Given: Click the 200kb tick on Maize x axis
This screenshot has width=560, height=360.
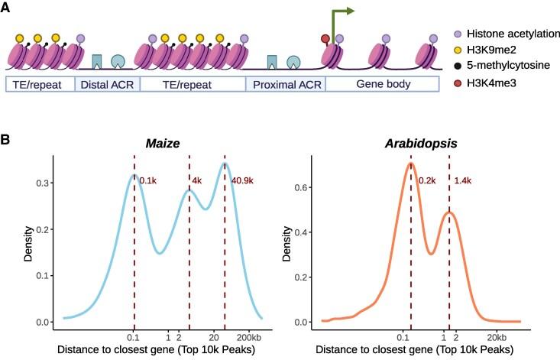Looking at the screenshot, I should click(250, 336).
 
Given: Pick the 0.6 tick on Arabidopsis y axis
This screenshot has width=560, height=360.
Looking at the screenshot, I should click(304, 186).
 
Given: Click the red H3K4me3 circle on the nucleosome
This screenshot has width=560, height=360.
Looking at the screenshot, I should click(326, 39).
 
